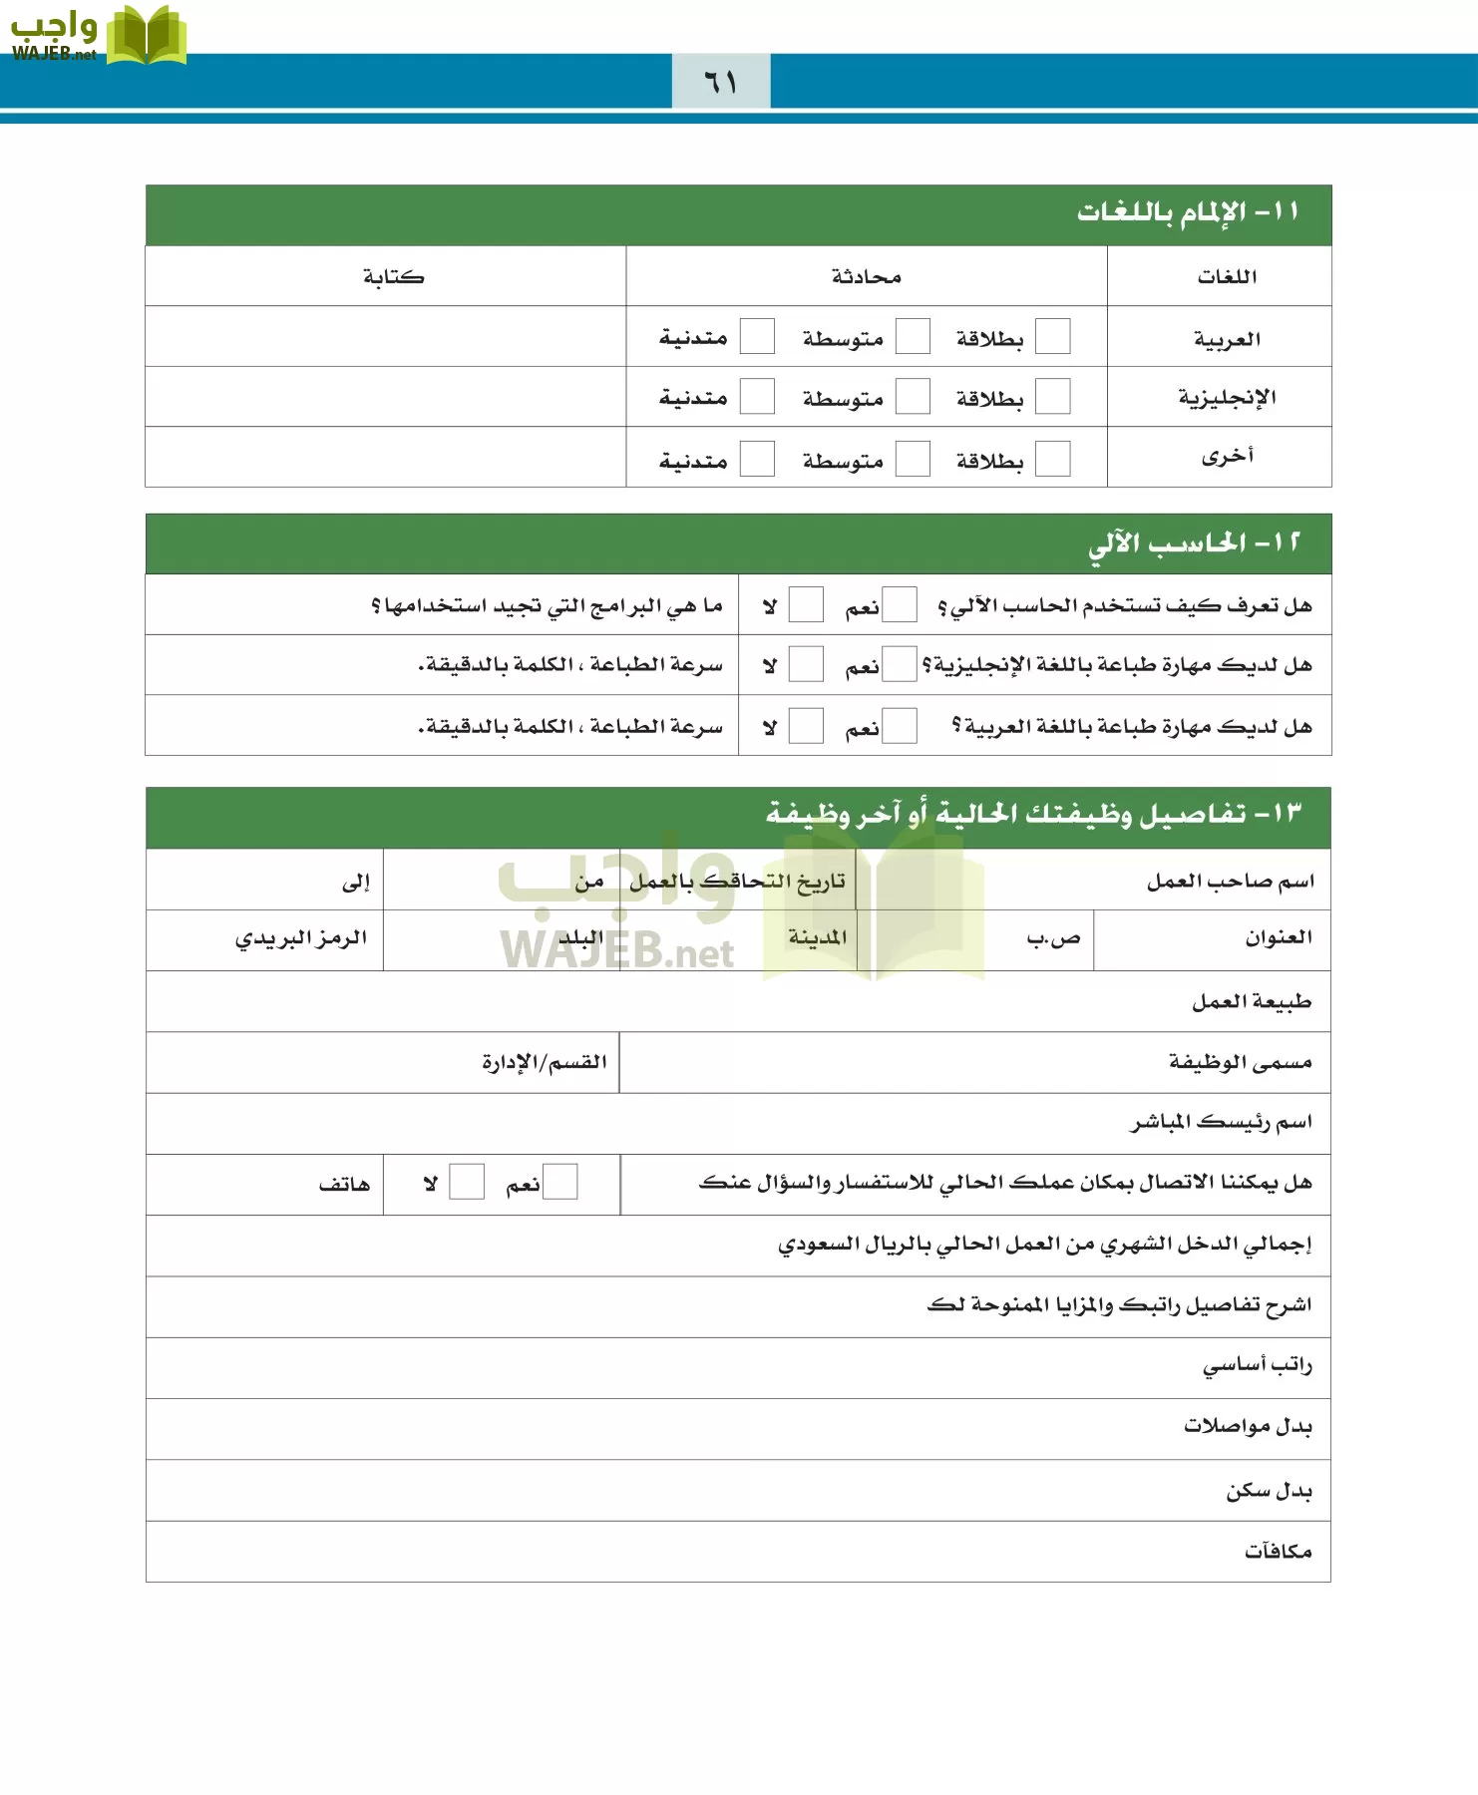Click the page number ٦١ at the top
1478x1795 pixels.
[x=720, y=82]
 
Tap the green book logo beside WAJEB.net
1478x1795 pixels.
[x=146, y=36]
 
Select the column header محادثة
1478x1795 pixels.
[x=866, y=276]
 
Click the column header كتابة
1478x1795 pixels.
[x=393, y=276]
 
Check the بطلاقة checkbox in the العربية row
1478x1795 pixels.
[x=1052, y=337]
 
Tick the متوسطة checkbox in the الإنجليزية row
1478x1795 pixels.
[x=912, y=397]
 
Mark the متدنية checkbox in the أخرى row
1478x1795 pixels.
[x=757, y=459]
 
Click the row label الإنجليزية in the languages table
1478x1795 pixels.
[x=1227, y=397]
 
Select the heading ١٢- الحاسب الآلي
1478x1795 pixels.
[x=1194, y=542]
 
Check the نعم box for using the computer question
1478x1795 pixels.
[x=899, y=604]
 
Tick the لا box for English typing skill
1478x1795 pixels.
[x=805, y=664]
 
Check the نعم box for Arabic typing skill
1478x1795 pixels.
[x=899, y=726]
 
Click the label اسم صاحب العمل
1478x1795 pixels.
[x=1230, y=881]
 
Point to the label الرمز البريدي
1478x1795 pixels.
[x=301, y=938]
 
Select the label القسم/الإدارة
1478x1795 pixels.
[x=544, y=1062]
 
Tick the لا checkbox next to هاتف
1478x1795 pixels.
[x=466, y=1182]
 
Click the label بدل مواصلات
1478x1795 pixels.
[x=1247, y=1426]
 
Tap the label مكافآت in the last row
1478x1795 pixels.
[x=1278, y=1551]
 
